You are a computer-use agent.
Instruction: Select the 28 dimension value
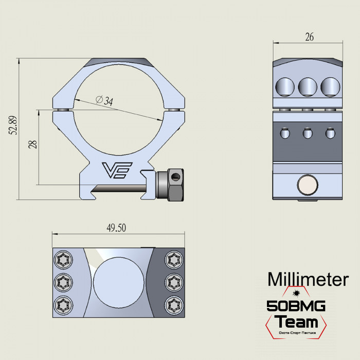32,144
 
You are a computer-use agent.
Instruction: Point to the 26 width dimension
309,37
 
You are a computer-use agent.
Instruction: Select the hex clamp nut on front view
173,186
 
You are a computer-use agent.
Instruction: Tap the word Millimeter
308,279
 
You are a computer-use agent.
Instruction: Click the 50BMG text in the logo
296,307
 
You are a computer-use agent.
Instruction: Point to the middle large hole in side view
308,86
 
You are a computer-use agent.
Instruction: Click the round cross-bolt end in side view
308,185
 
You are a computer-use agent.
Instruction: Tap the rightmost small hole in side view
330,134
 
